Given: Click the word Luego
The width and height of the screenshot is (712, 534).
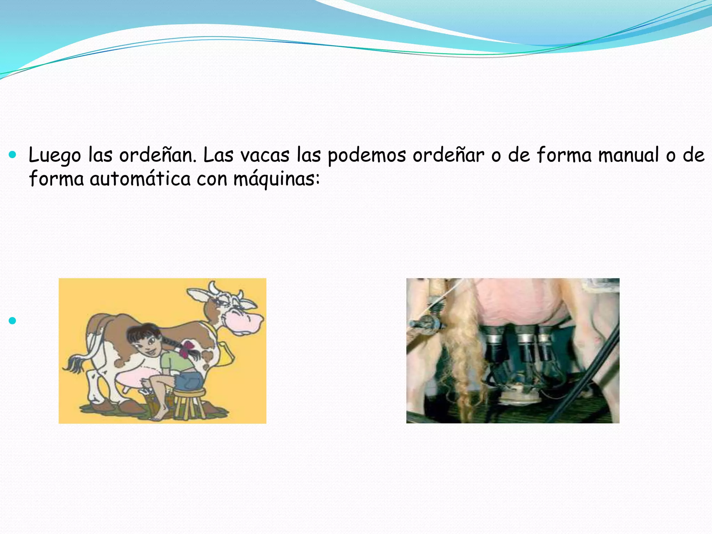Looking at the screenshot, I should coord(55,155).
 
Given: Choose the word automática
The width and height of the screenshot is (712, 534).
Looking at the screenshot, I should coord(140,179).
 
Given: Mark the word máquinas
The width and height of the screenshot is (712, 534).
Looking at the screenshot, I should coord(276,179).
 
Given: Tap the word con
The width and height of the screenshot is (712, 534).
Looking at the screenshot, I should coord(212,179).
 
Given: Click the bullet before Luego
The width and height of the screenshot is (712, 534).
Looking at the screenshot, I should coord(13,154).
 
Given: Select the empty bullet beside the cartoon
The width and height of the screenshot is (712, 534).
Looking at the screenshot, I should coord(13,320).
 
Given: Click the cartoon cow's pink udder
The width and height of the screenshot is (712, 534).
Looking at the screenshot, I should coord(134,378).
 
